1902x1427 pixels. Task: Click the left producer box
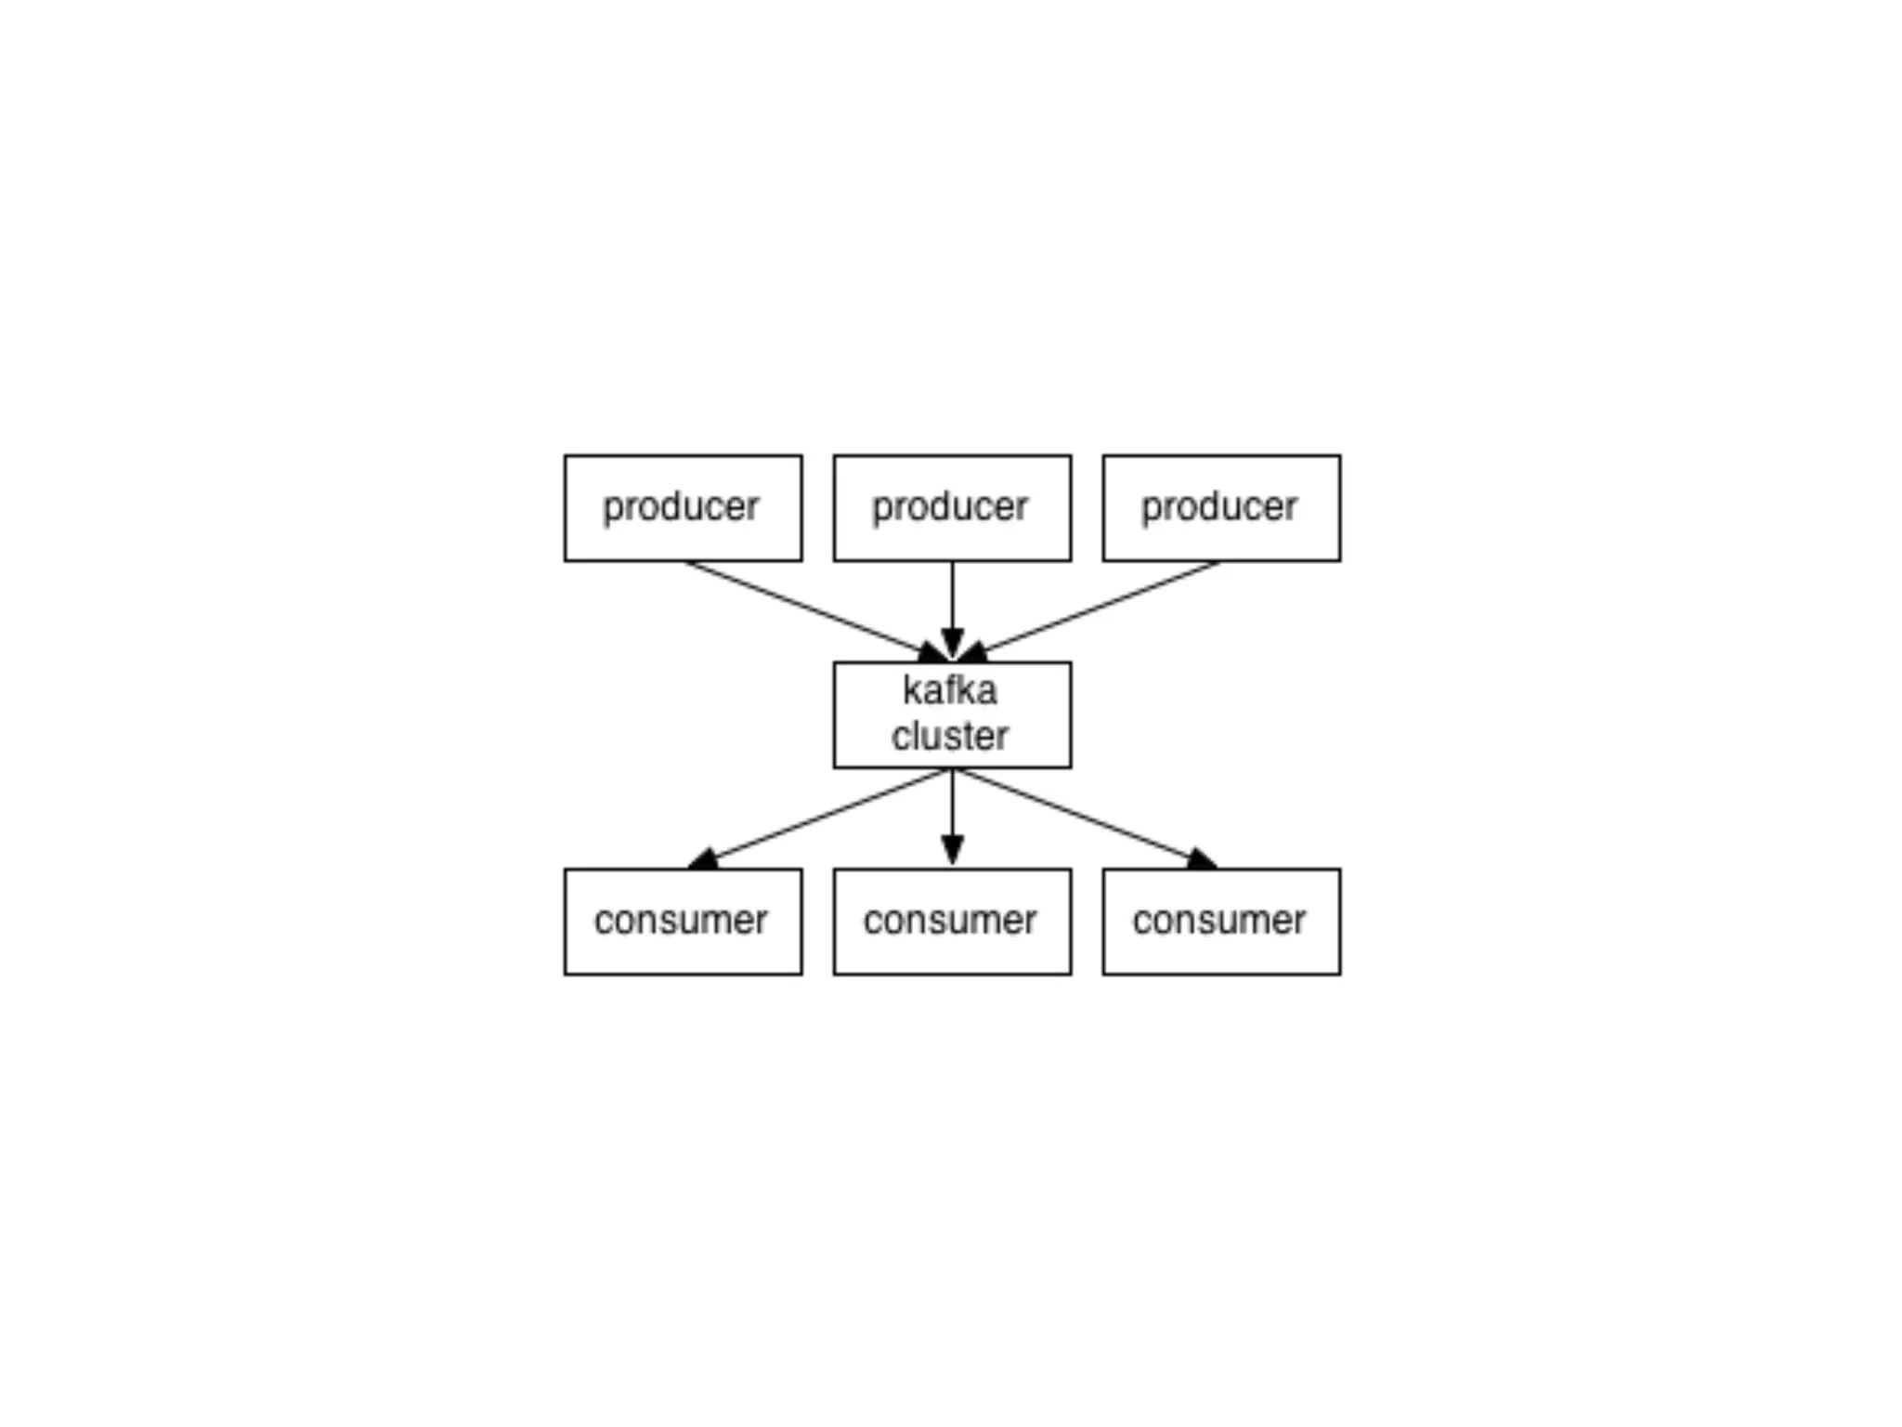683,507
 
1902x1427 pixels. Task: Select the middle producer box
952,507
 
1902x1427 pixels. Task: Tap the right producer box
1221,507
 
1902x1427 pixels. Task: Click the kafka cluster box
952,714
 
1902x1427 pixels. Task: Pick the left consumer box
683,922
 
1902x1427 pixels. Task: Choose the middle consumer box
952,922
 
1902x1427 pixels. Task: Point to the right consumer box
1221,922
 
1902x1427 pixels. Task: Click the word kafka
949,690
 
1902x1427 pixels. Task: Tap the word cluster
949,736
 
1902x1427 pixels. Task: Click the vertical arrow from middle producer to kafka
952,599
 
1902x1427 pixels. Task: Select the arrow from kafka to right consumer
1077,815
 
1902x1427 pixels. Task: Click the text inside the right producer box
1218,507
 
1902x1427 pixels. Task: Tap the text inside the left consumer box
681,921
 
